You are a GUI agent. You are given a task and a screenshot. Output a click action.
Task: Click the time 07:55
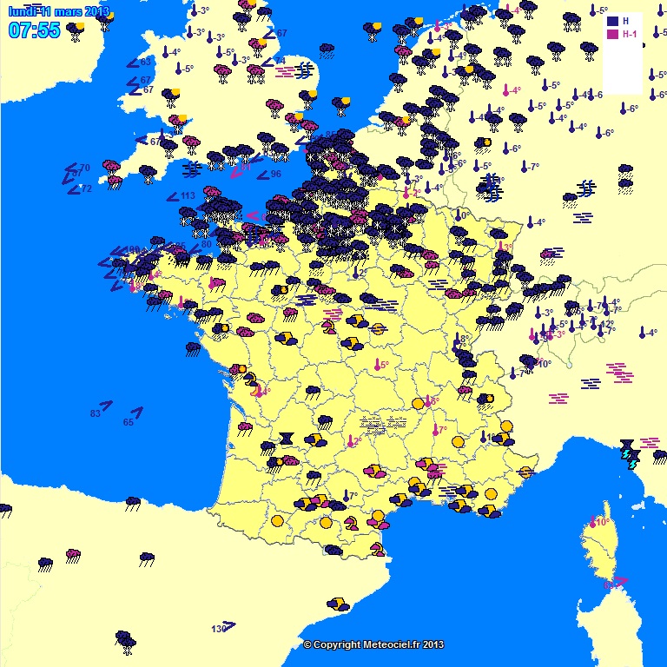click(34, 30)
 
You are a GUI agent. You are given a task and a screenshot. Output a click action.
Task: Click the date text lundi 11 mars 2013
click(58, 11)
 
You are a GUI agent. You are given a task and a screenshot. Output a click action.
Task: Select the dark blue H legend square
click(613, 21)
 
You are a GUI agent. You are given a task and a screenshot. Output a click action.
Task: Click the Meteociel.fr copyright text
click(373, 644)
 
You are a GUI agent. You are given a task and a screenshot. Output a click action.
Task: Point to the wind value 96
click(275, 174)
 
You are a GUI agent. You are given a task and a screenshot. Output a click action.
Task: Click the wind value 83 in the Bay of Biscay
click(96, 413)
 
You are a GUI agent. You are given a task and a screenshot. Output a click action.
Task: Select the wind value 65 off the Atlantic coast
click(129, 422)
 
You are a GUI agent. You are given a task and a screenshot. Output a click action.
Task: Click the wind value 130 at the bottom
click(218, 628)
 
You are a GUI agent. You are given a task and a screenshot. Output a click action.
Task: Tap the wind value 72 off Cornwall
click(85, 188)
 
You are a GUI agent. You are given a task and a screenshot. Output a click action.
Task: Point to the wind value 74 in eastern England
click(280, 61)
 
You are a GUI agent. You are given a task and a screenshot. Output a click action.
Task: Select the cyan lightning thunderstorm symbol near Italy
click(632, 462)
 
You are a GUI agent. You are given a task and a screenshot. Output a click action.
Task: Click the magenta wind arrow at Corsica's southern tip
click(620, 580)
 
